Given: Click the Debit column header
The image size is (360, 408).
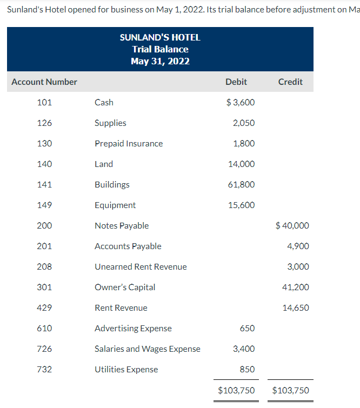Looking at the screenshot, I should point(236,82).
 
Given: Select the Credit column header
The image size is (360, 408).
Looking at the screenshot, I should point(290,82).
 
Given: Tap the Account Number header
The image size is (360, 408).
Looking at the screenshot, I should point(44,82).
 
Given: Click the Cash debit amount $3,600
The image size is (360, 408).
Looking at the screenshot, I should point(241,103).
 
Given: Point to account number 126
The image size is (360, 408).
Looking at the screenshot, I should point(44,123).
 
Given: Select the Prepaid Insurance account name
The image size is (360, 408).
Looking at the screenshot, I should point(129,144).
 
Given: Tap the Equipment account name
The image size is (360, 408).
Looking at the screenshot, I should point(115,205).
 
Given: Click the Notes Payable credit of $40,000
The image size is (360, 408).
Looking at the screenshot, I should point(292,226).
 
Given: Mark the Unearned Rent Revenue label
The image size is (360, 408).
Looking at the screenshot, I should point(141,267).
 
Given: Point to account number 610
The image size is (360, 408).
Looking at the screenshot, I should point(44,329).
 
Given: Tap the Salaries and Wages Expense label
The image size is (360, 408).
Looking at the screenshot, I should point(148,349).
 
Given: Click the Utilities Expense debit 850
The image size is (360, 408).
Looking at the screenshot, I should point(247,370).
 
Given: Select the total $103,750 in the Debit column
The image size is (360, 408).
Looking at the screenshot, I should point(236,391).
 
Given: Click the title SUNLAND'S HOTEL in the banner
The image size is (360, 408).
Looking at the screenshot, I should point(160,38).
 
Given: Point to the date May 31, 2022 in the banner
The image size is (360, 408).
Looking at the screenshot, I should point(160,61).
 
